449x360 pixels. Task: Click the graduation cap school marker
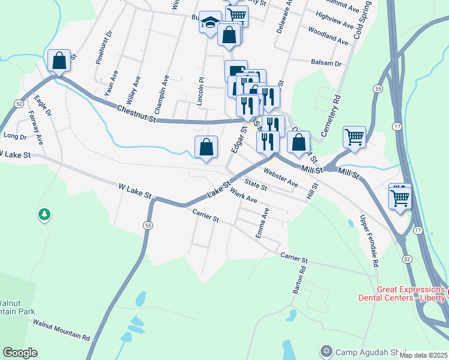point(210,23)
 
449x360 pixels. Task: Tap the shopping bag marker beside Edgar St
point(206,147)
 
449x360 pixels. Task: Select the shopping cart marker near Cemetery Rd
point(354,137)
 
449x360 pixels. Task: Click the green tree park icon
point(43,214)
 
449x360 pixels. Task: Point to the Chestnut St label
point(136,112)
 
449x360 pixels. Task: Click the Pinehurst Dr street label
point(102,47)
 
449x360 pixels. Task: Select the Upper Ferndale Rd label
point(369,240)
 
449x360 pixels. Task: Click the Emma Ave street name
point(262,223)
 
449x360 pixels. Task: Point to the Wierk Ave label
point(243,196)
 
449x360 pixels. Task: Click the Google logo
point(20,353)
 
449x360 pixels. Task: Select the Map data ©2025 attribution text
point(423,355)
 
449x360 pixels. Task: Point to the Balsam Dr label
point(326,62)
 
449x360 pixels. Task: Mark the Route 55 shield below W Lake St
point(147,225)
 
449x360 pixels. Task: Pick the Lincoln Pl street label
point(202,91)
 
